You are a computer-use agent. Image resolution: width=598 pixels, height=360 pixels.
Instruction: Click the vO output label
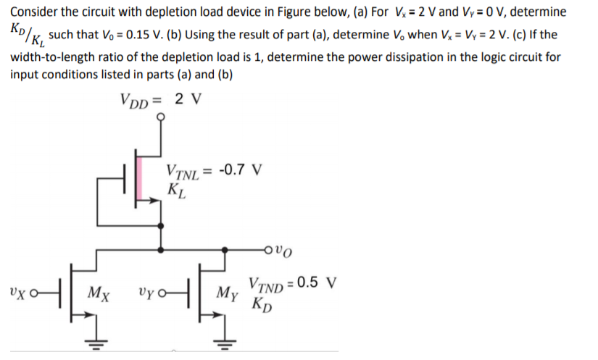[x=286, y=253]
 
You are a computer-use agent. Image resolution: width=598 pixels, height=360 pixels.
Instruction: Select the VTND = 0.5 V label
[x=288, y=283]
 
